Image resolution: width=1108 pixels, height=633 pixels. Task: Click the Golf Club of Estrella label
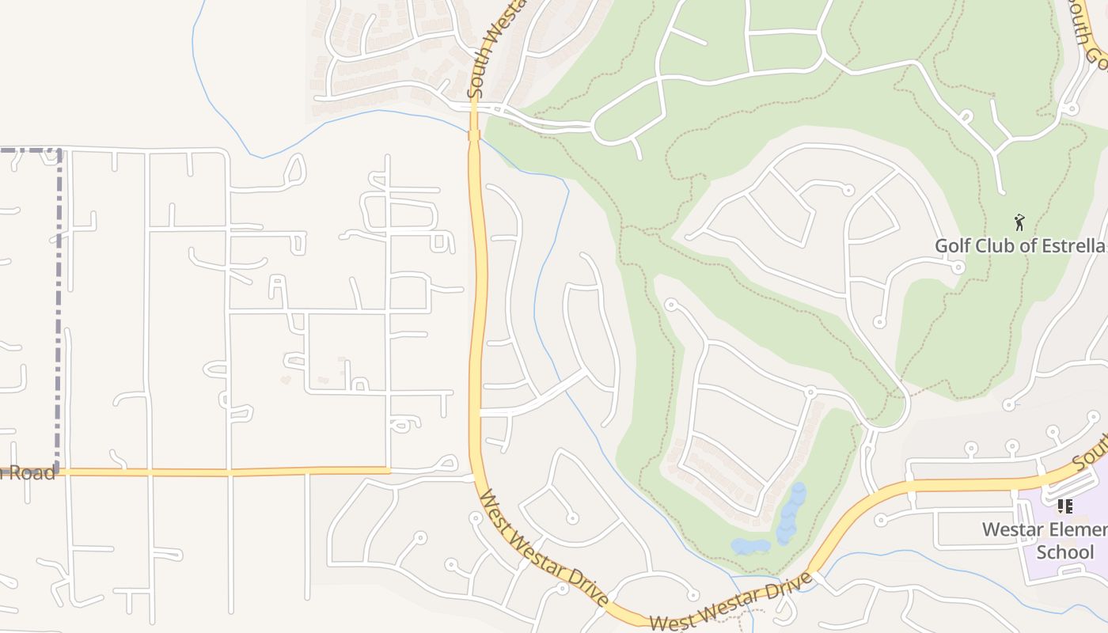[1020, 245]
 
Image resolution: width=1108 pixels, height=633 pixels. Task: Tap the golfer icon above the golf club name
[1019, 222]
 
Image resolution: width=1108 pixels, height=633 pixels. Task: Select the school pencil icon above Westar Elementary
[1064, 506]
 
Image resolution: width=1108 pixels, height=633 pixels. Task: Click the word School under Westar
[1064, 552]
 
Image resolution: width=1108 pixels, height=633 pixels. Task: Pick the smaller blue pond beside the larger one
[749, 547]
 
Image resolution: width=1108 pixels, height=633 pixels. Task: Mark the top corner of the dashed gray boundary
[58, 150]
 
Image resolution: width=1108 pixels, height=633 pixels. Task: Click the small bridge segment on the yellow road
[474, 135]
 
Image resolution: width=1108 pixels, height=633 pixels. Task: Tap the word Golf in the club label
[953, 245]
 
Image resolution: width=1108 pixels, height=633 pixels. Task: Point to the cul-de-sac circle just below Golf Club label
[958, 267]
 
